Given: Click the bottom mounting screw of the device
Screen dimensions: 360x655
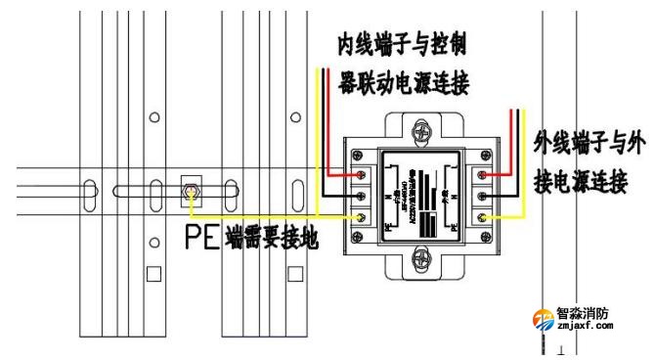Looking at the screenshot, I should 424,259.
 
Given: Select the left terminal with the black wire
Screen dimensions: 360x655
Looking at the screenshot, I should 364,195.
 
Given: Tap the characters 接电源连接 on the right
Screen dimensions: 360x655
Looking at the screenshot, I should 581,182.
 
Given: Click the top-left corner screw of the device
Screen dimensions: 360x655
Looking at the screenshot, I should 364,154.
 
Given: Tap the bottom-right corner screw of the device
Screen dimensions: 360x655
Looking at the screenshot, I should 486,238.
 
